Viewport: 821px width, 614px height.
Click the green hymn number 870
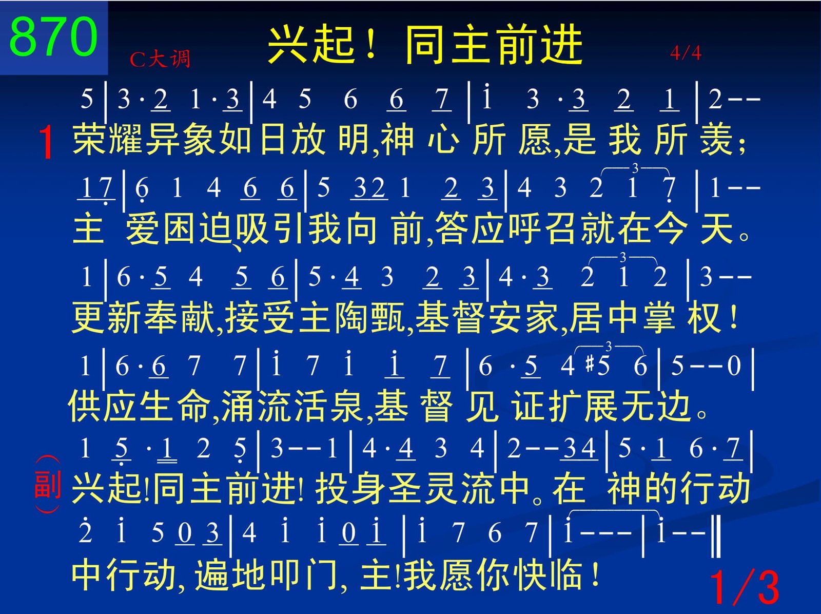tap(53, 37)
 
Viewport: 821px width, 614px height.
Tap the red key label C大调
tap(160, 59)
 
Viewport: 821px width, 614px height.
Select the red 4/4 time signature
tap(685, 53)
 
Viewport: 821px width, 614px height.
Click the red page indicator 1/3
tap(745, 588)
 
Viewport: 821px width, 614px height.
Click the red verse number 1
tap(47, 142)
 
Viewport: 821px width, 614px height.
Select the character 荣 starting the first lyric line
tap(88, 139)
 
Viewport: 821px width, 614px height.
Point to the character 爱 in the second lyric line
tap(142, 228)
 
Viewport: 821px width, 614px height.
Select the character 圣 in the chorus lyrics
tap(405, 488)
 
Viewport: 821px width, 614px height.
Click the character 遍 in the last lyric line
tap(211, 575)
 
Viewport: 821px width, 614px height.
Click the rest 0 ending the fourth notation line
tap(733, 366)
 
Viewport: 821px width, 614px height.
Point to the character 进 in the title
tap(561, 44)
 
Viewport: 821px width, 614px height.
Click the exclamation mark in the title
tap(370, 44)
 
